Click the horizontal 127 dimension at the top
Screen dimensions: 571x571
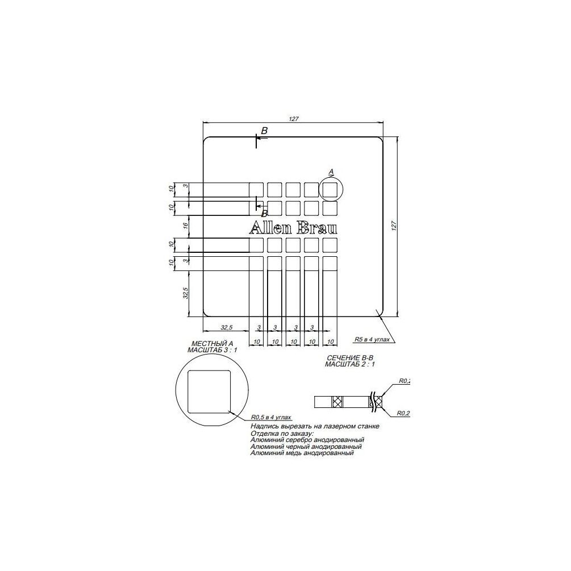click(293, 119)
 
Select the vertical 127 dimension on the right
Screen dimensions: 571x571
click(393, 226)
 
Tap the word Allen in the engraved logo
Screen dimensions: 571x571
click(270, 228)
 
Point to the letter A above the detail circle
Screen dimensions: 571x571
click(331, 171)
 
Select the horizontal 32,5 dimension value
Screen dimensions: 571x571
click(226, 327)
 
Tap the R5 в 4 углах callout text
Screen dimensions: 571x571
click(372, 339)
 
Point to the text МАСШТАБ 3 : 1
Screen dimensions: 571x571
click(212, 351)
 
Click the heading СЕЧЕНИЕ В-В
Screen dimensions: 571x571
click(349, 357)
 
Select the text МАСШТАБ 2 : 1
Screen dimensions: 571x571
click(349, 364)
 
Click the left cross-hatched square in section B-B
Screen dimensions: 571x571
click(338, 402)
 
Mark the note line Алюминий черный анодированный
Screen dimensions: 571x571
click(306, 447)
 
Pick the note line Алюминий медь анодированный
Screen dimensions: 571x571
click(302, 453)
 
